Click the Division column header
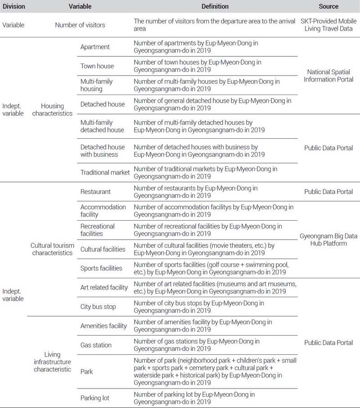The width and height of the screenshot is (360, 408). pyautogui.click(x=14, y=7)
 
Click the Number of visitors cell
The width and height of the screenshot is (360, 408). pyautogui.click(x=80, y=25)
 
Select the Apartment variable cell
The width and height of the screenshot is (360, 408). pyautogui.click(x=94, y=47)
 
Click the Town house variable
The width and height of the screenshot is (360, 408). pyautogui.click(x=97, y=66)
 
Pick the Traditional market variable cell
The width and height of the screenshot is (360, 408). pyautogui.click(x=104, y=172)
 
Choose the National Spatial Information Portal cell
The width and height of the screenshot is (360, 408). pyautogui.click(x=328, y=76)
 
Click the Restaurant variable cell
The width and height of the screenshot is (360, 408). pyautogui.click(x=95, y=191)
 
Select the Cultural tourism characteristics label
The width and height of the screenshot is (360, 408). pyautogui.click(x=51, y=249)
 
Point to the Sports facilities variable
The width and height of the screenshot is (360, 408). pyautogui.click(x=101, y=268)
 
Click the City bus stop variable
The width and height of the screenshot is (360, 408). pyautogui.click(x=98, y=307)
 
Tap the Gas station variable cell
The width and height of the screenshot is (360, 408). pyautogui.click(x=96, y=345)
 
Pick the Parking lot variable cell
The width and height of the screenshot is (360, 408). pyautogui.click(x=95, y=398)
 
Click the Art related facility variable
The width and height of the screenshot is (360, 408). pyautogui.click(x=104, y=287)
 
